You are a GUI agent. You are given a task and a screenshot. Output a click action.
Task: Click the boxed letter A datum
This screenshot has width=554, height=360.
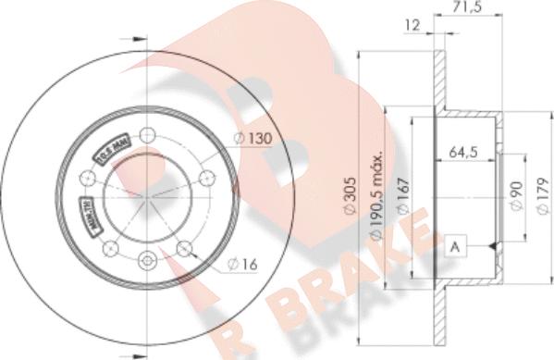(x=454, y=246)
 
